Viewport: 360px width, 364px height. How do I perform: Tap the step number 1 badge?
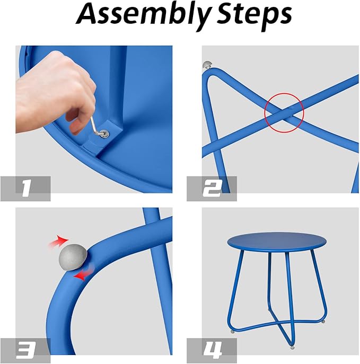pyautogui.click(x=25, y=189)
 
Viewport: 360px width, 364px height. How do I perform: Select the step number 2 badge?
pyautogui.click(x=212, y=189)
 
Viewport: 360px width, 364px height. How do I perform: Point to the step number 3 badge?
pyautogui.click(x=25, y=351)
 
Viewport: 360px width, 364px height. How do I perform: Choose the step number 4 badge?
pyautogui.click(x=212, y=351)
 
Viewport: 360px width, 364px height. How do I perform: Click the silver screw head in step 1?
pyautogui.click(x=104, y=135)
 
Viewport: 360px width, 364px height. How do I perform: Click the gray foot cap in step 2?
pyautogui.click(x=207, y=65)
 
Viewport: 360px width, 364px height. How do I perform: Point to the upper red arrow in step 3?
pyautogui.click(x=58, y=242)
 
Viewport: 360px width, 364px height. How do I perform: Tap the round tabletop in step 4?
pyautogui.click(x=277, y=242)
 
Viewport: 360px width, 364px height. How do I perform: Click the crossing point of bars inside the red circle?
pyautogui.click(x=284, y=113)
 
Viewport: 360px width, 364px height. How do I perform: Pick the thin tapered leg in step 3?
pyautogui.click(x=160, y=279)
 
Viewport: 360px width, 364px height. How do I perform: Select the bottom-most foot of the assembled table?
pyautogui.click(x=292, y=348)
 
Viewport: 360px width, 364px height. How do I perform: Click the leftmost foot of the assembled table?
pyautogui.click(x=232, y=332)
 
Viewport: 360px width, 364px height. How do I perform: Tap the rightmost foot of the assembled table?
pyautogui.click(x=323, y=322)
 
